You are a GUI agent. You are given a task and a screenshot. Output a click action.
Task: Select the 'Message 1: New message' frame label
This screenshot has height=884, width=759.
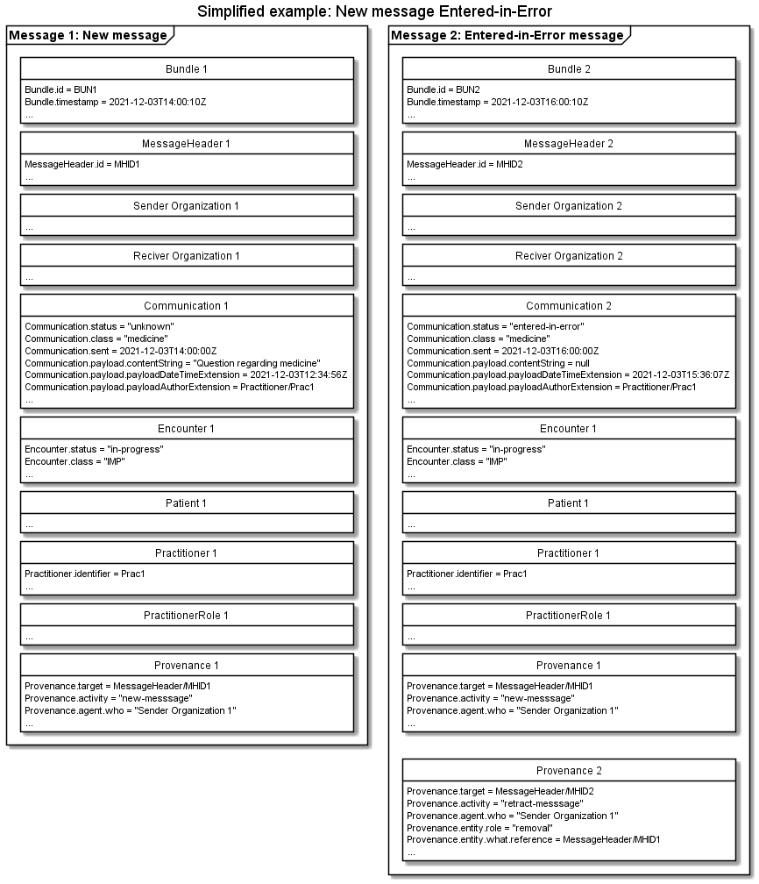pyautogui.click(x=88, y=36)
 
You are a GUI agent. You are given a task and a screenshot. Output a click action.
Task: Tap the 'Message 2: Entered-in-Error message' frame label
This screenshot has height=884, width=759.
pyautogui.click(x=507, y=36)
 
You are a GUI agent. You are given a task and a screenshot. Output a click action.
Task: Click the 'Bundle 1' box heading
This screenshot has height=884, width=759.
pyautogui.click(x=187, y=68)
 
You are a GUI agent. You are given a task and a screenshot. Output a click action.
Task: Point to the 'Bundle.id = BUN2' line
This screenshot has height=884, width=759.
pyautogui.click(x=443, y=89)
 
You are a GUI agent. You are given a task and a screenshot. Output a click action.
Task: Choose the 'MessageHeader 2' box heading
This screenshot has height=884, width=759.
pyautogui.click(x=569, y=143)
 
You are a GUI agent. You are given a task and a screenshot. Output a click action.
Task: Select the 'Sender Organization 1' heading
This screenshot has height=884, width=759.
pyautogui.click(x=187, y=206)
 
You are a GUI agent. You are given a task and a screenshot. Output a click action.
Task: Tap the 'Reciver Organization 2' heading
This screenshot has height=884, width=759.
pyautogui.click(x=569, y=256)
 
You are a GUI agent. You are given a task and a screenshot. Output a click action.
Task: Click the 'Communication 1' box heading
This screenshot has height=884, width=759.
pyautogui.click(x=187, y=306)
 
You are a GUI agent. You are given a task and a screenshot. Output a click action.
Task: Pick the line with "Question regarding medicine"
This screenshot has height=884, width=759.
pyautogui.click(x=173, y=363)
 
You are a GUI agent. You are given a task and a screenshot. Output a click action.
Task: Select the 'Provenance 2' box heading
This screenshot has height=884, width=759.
pyautogui.click(x=569, y=771)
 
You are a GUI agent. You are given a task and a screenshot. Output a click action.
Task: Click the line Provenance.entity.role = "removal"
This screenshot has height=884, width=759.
pyautogui.click(x=485, y=828)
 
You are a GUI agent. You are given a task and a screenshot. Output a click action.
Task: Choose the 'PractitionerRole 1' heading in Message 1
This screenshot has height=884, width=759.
pyautogui.click(x=187, y=616)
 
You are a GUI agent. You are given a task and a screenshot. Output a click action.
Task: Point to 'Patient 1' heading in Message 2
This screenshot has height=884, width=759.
pyautogui.click(x=569, y=503)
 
